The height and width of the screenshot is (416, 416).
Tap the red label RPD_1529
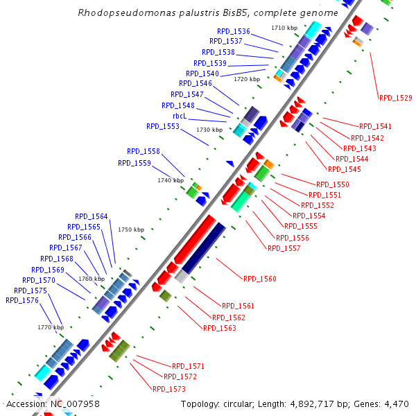(x=395, y=98)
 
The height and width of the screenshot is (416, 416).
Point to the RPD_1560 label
(x=259, y=279)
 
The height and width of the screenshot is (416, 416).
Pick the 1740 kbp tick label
(x=170, y=180)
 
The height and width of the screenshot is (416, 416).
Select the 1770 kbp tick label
(x=50, y=327)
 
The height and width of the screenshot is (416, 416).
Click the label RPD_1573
(x=168, y=389)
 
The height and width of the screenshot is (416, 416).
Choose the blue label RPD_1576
(x=22, y=300)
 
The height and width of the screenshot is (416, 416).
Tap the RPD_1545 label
(x=344, y=169)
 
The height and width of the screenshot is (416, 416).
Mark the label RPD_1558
(x=143, y=151)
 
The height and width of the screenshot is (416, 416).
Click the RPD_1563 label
(x=220, y=328)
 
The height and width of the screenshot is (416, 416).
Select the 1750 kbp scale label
(x=130, y=229)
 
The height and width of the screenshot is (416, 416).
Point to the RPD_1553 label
(x=162, y=126)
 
